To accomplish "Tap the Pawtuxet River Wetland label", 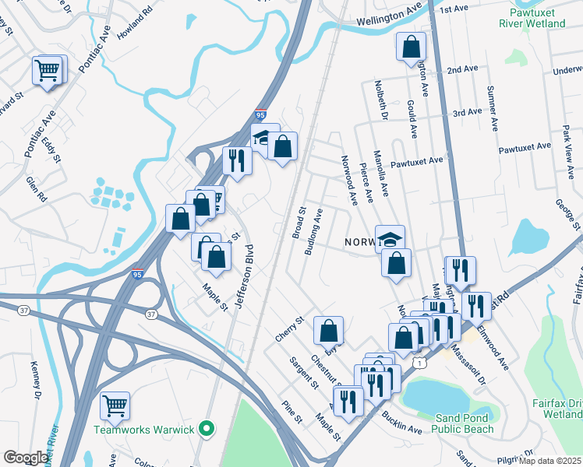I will coord(538,18).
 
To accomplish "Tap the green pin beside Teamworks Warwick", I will coord(206,429).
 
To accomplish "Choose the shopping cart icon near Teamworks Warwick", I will coord(115,405).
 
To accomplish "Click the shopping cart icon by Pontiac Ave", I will coord(48,70).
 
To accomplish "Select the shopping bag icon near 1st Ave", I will coord(411,46).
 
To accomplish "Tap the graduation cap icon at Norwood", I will coord(390,238).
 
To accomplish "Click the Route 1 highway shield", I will coord(419,363).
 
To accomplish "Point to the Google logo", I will coord(26,458).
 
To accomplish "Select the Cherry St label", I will coord(288,328).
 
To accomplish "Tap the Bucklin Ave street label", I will coord(402,424).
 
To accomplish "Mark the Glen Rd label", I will coord(37,188).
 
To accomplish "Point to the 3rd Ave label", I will coord(468,112).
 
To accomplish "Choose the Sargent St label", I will coord(304,372).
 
